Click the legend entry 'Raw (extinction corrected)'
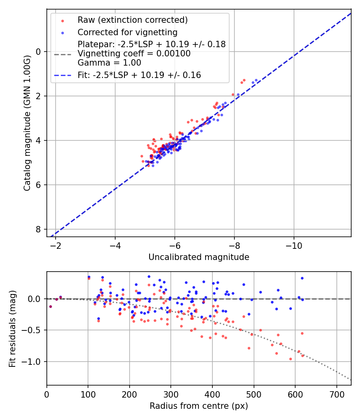coord(132,20)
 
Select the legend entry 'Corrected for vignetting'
coord(128,32)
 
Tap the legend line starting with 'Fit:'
coord(139,75)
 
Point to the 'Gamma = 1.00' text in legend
coord(109,63)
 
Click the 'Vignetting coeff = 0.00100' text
coord(134,54)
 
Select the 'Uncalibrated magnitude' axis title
coord(199,257)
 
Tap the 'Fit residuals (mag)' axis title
coord(12,328)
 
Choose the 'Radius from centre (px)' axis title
coord(199,406)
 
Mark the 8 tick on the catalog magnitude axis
coord(39,229)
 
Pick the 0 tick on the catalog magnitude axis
coord(39,52)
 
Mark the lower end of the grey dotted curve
coord(351,380)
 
